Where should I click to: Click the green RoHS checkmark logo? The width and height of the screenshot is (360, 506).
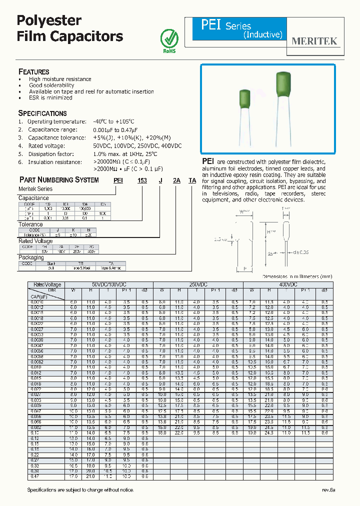(168, 37)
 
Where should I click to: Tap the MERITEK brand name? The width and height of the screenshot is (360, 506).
(314, 41)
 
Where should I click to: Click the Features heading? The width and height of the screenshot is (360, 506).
(33, 71)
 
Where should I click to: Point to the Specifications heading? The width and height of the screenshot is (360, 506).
(42, 113)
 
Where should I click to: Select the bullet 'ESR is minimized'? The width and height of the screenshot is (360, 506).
(50, 97)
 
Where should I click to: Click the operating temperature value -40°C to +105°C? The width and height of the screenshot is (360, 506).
(113, 121)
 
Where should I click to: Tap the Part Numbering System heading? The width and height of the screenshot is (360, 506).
(58, 179)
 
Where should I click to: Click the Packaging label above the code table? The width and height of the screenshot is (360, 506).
(31, 257)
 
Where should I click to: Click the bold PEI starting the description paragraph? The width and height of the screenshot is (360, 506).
(208, 161)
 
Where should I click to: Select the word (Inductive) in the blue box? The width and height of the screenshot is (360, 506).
(262, 35)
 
